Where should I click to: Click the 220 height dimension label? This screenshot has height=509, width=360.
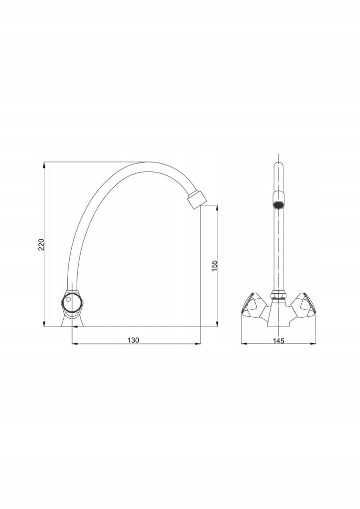[x=41, y=245]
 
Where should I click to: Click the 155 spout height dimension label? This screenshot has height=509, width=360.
[x=214, y=266]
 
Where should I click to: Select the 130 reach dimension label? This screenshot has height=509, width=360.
[x=133, y=340]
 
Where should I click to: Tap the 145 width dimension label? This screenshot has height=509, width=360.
[x=278, y=340]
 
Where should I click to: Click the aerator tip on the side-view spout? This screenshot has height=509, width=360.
[x=197, y=199]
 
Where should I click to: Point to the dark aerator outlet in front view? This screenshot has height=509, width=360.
[x=278, y=205]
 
